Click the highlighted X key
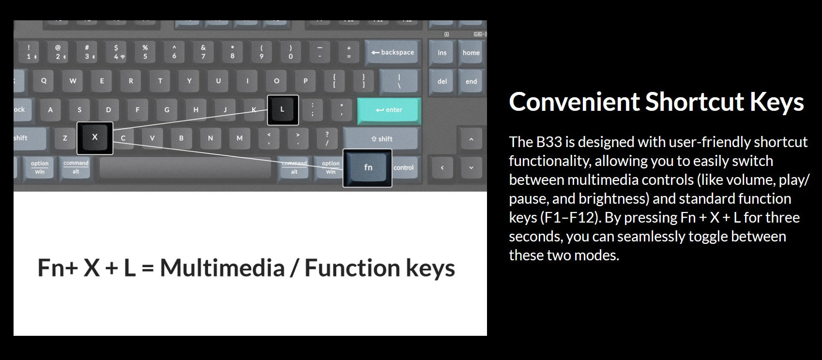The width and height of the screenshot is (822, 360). pos(95,138)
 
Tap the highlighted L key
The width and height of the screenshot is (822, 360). pos(283,110)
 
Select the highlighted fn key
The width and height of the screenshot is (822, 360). pos(368,167)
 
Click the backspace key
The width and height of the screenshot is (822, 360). pos(393,53)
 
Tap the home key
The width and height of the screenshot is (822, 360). pos(471,53)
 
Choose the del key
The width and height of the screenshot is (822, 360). pos(442,81)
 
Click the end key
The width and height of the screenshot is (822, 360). pos(471,81)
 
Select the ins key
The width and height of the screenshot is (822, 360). pos(442,53)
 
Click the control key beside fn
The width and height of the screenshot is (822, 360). pos(404,167)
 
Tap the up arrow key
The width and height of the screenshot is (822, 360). pos(471,139)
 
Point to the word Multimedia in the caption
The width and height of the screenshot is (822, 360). pos(222,268)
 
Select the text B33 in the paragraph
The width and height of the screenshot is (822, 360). pos(549,142)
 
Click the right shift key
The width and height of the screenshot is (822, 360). pos(381,139)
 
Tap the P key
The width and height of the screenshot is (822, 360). pos(305,81)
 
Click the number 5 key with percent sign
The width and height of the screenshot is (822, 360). pos(145,52)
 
